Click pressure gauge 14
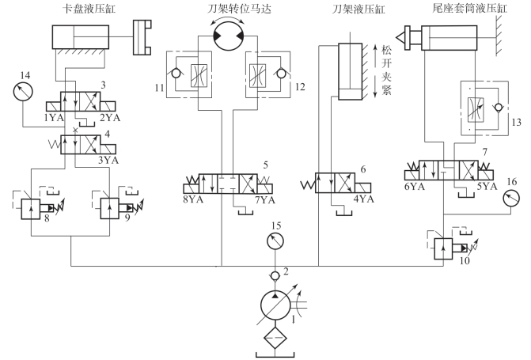[23, 92]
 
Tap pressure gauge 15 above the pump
[275, 241]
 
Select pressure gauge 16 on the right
[511, 198]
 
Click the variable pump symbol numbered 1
[275, 305]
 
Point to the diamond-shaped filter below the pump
[275, 338]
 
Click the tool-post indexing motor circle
[229, 36]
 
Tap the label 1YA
[54, 118]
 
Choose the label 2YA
[111, 118]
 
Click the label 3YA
[108, 160]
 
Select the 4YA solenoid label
[364, 199]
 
